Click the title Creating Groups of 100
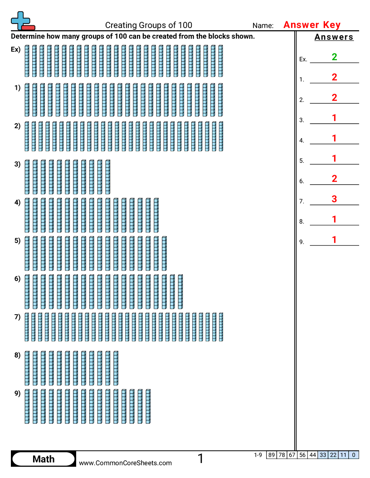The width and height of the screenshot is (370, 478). coord(149,25)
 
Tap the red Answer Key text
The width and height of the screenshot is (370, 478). coord(312,25)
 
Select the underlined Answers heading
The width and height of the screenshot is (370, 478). coord(334,37)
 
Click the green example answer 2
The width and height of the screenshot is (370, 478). coord(335,57)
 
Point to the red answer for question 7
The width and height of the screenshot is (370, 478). coord(335,199)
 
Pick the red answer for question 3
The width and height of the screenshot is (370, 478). coord(335,118)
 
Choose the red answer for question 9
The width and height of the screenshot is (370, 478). coord(335,239)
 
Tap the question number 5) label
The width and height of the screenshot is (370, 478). coord(17,241)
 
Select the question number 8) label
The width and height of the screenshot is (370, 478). coord(17,355)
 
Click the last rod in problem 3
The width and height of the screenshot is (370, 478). coord(107,177)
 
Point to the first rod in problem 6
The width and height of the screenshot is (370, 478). coord(27,291)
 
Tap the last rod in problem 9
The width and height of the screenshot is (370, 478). coord(148,406)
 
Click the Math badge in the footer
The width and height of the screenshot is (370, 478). coord(44,459)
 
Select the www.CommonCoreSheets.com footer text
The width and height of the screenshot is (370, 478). coord(126,463)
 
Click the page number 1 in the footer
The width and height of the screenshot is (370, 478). coord(200,459)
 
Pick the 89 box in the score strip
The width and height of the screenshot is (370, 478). coord(272,455)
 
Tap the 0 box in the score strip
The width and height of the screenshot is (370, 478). coord(354,455)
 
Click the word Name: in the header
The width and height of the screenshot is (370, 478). coord(263,26)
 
